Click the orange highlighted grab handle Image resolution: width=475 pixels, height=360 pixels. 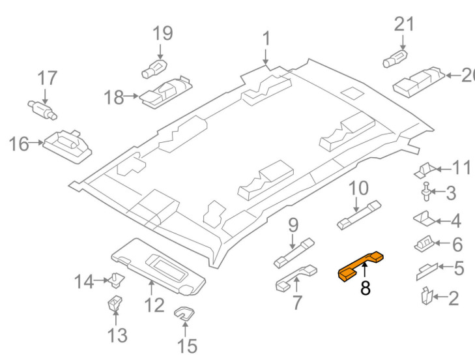[360, 265]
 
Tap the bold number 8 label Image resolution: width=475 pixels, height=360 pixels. [366, 288]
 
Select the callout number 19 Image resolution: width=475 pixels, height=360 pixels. [163, 33]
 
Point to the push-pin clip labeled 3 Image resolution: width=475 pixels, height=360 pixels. [427, 192]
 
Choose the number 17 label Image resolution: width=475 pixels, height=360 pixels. [48, 78]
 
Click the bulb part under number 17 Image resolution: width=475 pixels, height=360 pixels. [42, 110]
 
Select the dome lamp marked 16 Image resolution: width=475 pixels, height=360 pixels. [68, 146]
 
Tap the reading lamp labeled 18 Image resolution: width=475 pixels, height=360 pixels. [166, 92]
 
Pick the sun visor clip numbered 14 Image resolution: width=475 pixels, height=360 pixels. [117, 280]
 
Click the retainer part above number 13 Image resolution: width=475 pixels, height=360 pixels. [115, 303]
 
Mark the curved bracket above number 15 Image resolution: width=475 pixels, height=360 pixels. [184, 313]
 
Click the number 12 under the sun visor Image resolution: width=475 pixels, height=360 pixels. [154, 305]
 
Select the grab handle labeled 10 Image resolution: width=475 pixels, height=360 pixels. [359, 215]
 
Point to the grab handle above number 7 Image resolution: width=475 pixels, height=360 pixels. [296, 278]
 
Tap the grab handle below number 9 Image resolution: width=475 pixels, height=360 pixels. [294, 253]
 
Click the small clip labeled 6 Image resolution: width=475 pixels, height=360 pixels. [424, 244]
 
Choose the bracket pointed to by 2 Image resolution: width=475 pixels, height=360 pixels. [427, 295]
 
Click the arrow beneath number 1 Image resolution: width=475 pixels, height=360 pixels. [266, 57]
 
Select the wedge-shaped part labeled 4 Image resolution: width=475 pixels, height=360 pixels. [424, 218]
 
